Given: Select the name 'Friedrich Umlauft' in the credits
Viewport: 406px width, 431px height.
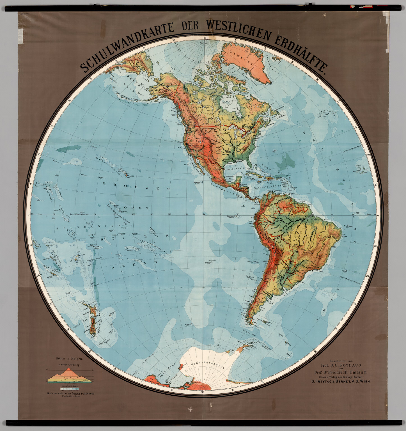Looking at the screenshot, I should pyautogui.click(x=348, y=372).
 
